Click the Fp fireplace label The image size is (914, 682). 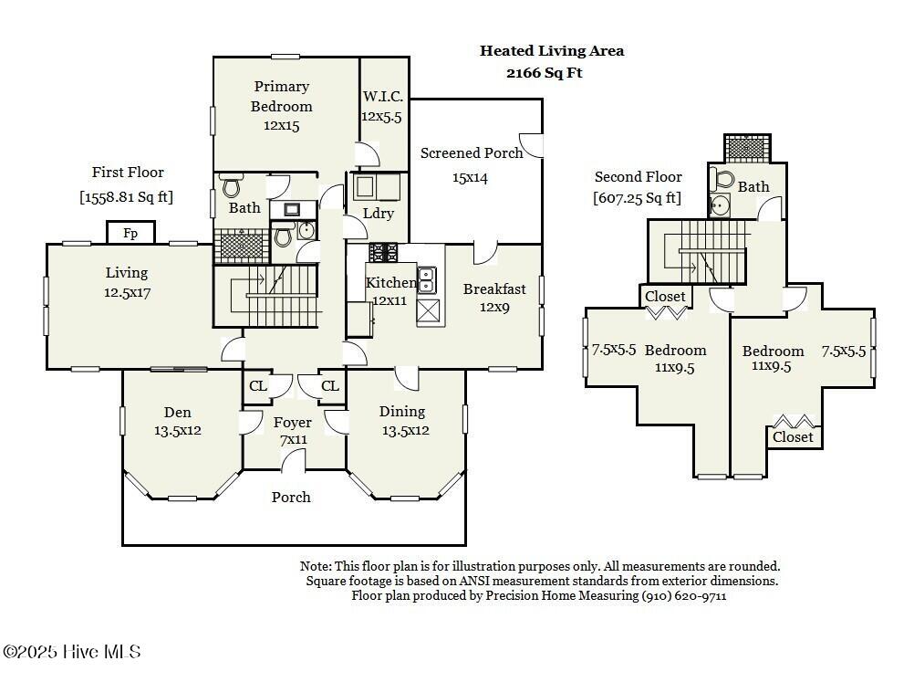click(x=130, y=234)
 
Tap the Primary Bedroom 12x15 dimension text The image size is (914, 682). click(x=281, y=125)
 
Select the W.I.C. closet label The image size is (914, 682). click(x=383, y=96)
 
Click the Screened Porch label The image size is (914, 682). click(x=472, y=152)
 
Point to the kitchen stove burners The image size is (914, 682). click(x=383, y=253)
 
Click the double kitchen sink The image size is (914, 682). click(x=427, y=280)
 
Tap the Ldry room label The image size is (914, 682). click(x=379, y=214)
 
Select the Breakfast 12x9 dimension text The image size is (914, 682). click(x=494, y=308)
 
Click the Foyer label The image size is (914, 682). click(x=293, y=423)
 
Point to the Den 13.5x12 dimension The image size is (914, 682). click(x=178, y=431)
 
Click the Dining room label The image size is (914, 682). click(x=402, y=412)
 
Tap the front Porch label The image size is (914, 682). click(x=291, y=497)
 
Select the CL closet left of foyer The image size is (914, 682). click(x=258, y=385)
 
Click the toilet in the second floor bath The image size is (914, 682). click(x=722, y=179)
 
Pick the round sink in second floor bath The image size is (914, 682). click(x=720, y=205)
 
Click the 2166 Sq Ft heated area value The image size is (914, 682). click(x=545, y=73)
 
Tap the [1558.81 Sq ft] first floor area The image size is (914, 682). click(x=127, y=196)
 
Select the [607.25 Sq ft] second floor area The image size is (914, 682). click(x=637, y=198)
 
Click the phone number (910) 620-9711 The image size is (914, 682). click(x=684, y=595)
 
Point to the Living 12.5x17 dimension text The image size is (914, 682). click(x=127, y=293)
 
